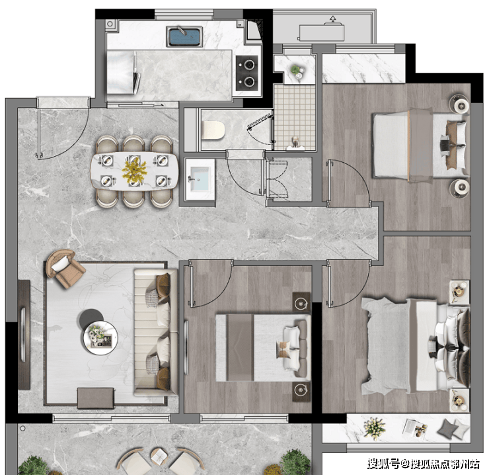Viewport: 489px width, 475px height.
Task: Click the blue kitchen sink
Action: coord(184,36)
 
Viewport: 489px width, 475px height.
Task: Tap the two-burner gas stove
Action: coord(247,73)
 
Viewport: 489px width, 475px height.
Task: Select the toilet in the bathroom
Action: coord(214,130)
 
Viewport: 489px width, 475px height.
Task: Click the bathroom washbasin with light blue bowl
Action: coord(200,179)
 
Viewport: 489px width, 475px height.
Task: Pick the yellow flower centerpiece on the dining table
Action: coord(134,171)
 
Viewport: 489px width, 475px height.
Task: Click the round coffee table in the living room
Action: coord(100,337)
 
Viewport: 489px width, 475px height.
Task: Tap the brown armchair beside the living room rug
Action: coord(65,268)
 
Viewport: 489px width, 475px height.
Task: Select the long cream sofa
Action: coord(155,332)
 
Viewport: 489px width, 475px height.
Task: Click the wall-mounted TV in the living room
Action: coord(24,335)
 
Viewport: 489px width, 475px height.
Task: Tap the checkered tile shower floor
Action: coord(295,117)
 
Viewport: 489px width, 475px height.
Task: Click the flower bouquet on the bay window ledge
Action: coord(375,428)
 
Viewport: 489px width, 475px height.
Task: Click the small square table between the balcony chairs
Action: coord(159,456)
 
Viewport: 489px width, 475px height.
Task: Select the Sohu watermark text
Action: coord(423,464)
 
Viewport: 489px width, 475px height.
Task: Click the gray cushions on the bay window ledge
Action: coord(453,428)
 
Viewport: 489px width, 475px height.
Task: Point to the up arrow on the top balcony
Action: coord(333,19)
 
